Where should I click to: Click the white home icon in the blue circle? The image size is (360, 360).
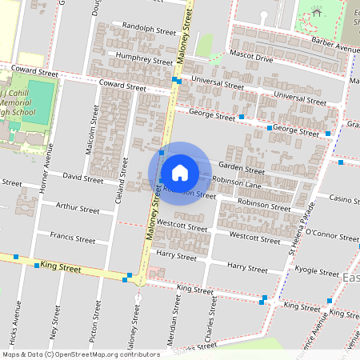click(x=179, y=172)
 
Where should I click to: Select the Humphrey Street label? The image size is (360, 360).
click(x=145, y=59)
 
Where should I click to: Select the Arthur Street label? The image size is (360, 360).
click(x=77, y=209)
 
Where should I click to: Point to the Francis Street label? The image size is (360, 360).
click(x=72, y=239)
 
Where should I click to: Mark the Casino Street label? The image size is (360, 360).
click(x=344, y=198)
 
